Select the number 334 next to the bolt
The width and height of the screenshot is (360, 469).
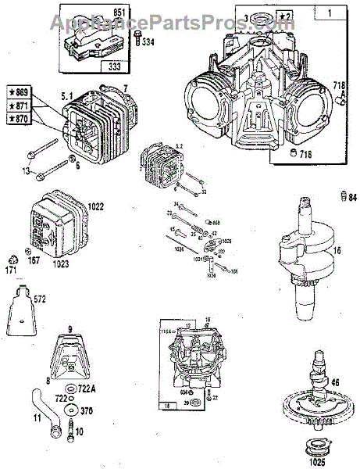[x=147, y=42]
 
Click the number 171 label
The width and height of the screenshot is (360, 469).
[x=12, y=270]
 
